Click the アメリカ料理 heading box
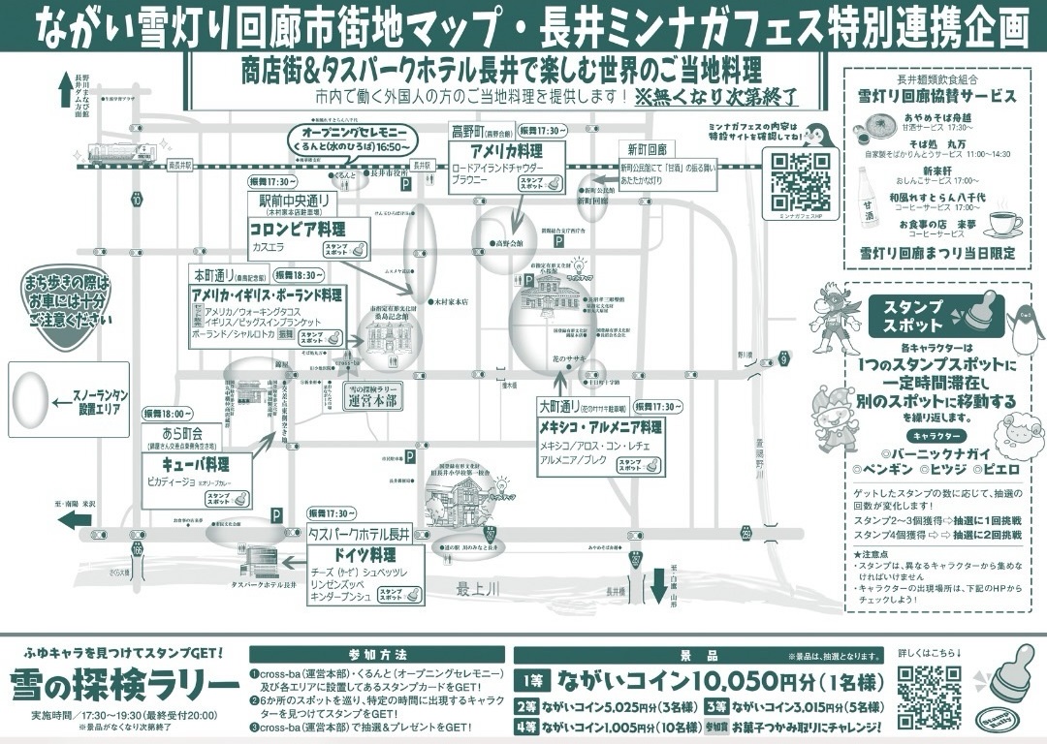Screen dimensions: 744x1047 coord(505,153)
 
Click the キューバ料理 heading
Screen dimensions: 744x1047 coord(197,463)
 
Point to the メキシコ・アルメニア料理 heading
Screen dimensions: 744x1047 coord(601,426)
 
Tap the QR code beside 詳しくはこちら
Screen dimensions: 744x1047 coord(929,697)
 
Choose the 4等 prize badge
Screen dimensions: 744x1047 coord(526,727)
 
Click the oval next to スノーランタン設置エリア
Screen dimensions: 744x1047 coord(29,397)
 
